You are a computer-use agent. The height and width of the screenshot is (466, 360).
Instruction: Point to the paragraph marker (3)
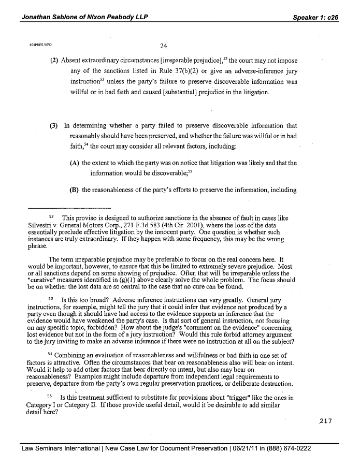pyautogui.click(x=53, y=126)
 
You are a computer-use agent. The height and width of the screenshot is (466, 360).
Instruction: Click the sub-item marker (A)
pyautogui.click(x=75, y=163)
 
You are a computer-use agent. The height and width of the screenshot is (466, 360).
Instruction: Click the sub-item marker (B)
pyautogui.click(x=75, y=190)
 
